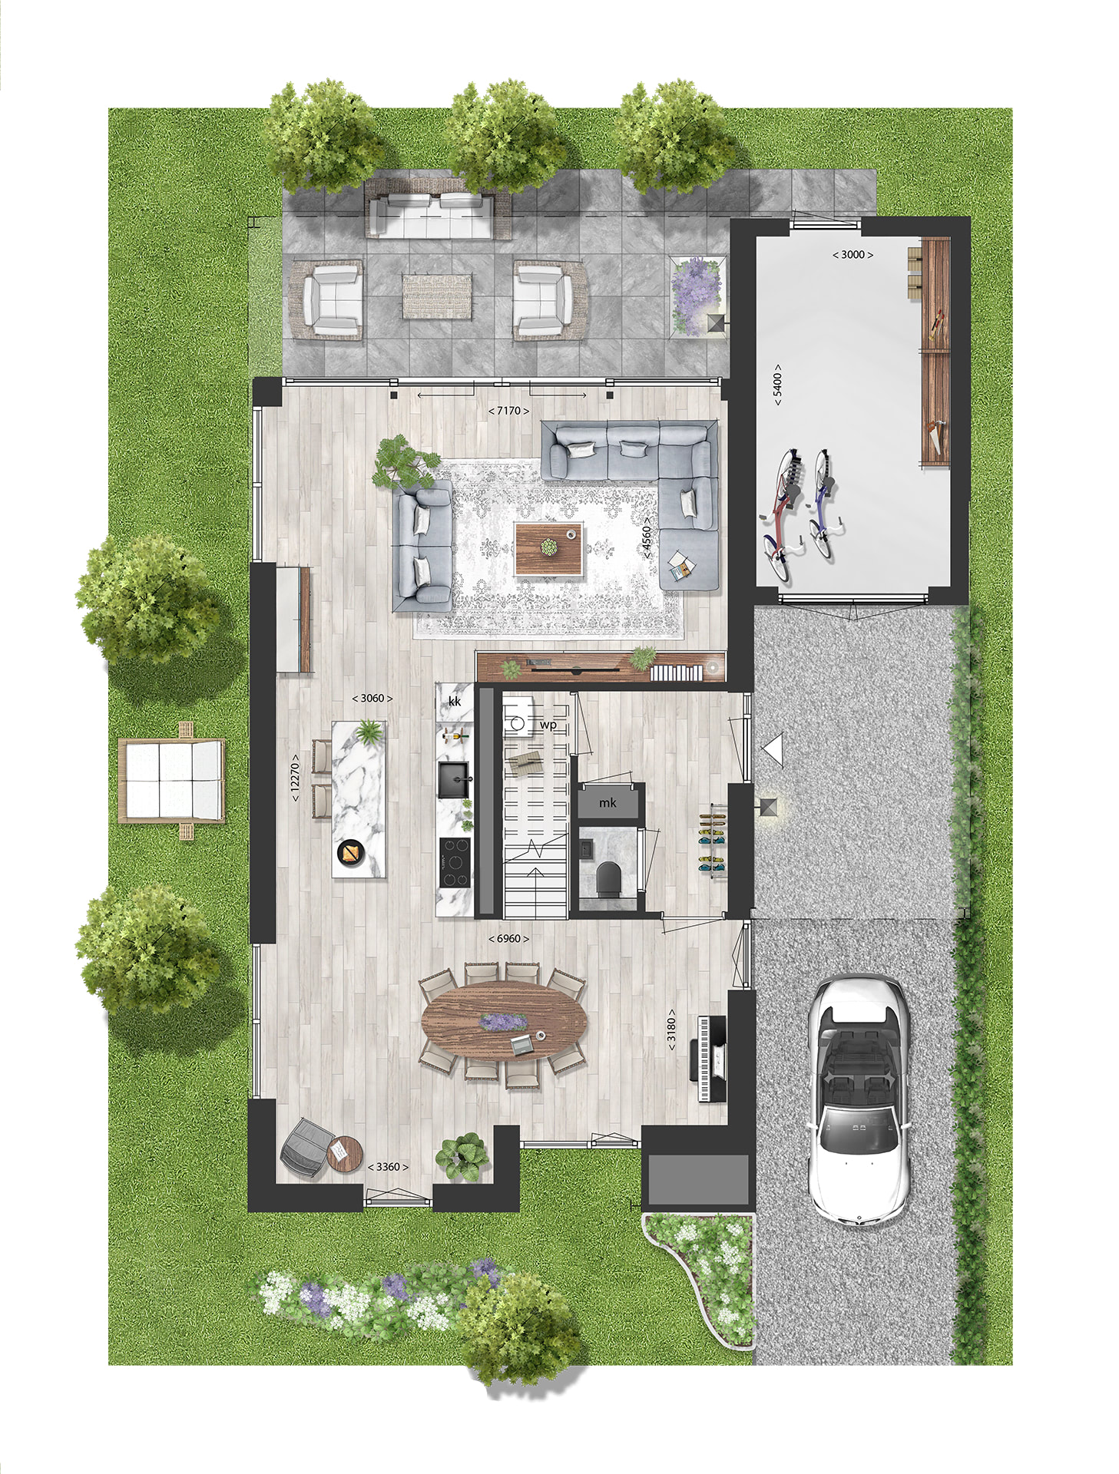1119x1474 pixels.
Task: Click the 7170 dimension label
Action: point(508,411)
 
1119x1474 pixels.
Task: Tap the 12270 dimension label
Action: point(295,778)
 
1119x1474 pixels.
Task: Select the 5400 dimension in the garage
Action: point(777,385)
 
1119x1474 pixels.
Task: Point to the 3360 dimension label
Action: point(388,1167)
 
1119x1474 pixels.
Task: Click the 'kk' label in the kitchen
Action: point(455,701)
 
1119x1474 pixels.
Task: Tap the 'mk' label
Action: point(608,803)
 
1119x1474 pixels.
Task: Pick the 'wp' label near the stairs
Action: point(548,725)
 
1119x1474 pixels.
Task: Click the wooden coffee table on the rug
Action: point(548,548)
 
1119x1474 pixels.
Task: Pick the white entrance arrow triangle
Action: point(773,749)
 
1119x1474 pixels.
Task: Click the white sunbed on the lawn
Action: point(172,781)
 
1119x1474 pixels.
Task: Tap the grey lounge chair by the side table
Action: point(305,1147)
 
